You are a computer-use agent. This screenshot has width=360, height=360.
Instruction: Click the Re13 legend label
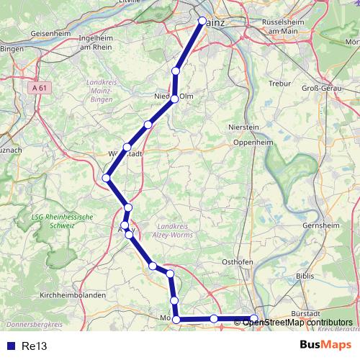pos(35,346)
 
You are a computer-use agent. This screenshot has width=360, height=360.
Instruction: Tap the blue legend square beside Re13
pos(10,346)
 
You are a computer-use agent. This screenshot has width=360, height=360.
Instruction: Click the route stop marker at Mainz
pos(202,21)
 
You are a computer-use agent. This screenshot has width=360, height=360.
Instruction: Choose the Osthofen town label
pos(237,262)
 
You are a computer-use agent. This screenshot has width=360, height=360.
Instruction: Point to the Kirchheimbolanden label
pos(73,295)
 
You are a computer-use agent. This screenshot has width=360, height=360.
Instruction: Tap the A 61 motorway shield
pos(42,87)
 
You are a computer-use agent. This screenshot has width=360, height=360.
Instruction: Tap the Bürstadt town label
pos(309,314)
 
